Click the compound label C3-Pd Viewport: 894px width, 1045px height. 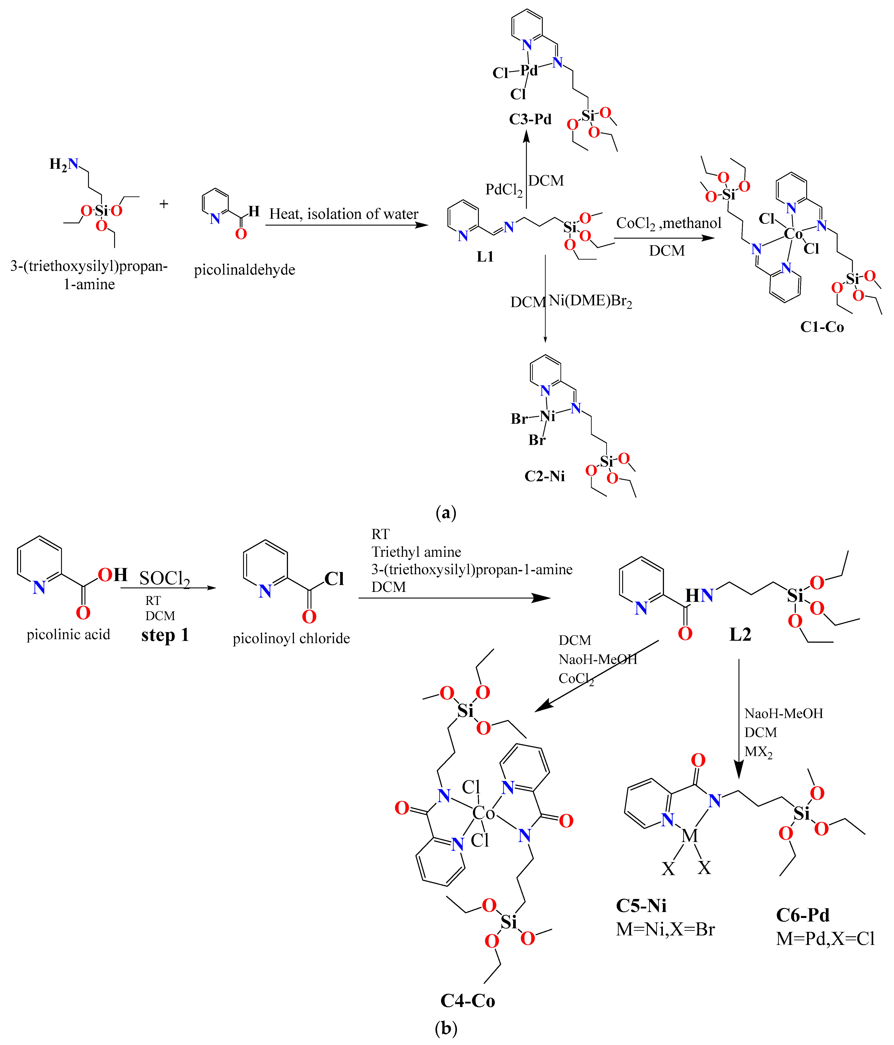[x=530, y=120]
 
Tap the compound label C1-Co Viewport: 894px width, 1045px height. [x=822, y=327]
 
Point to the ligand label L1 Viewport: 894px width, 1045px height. [x=485, y=257]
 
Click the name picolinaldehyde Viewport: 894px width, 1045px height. [x=244, y=270]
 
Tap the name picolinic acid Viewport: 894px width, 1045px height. [x=68, y=635]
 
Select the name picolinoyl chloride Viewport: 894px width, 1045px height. [x=291, y=638]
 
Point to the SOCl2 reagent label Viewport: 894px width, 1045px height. [x=165, y=579]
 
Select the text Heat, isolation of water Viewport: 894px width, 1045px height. [x=343, y=214]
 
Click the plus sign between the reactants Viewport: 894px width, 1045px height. [x=163, y=204]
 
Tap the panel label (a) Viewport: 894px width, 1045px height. [x=446, y=513]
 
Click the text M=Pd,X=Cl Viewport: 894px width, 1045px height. [x=825, y=939]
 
